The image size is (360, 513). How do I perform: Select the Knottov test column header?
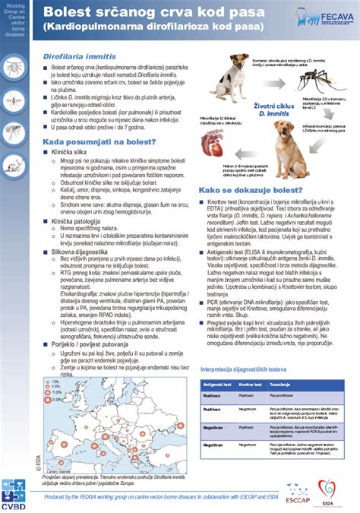click(251, 385)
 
